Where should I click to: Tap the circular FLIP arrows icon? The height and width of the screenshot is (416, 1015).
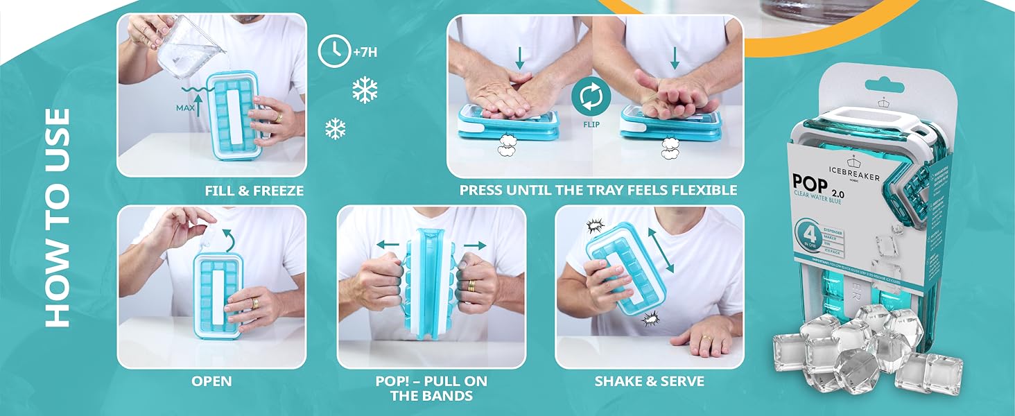click(590, 96)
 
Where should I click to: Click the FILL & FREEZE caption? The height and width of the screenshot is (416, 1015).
click(254, 190)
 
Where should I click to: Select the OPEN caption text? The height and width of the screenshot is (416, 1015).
click(211, 381)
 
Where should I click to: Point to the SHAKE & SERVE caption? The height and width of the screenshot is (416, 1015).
click(649, 381)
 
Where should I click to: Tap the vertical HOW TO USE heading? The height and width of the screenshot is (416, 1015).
click(58, 217)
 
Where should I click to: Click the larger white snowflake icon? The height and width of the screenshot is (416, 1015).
click(365, 90)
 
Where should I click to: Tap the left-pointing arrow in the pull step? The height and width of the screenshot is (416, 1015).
click(389, 244)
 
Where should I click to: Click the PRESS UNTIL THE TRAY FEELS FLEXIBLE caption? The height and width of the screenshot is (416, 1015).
click(598, 190)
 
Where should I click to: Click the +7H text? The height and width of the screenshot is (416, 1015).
click(365, 51)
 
